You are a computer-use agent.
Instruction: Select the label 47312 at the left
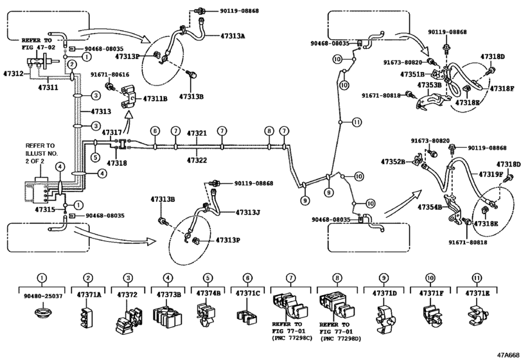[x=14, y=74]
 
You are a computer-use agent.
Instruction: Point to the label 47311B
[x=155, y=98]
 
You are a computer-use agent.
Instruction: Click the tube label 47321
[x=197, y=133]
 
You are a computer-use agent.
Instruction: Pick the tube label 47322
[x=197, y=159]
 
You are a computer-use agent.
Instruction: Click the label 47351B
[x=411, y=75]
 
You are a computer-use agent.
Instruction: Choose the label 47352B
[x=393, y=163]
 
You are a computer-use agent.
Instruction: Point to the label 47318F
[x=502, y=89]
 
